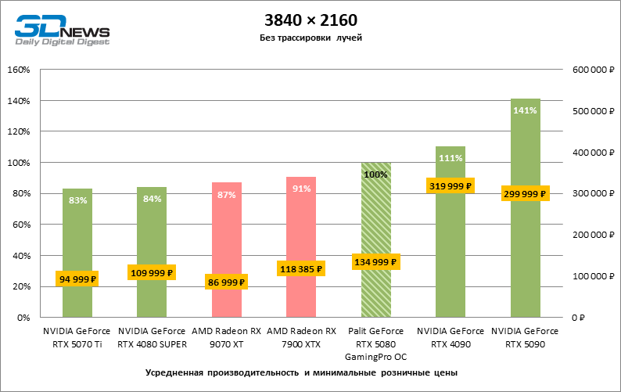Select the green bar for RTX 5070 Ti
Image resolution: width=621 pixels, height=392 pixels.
tap(77, 235)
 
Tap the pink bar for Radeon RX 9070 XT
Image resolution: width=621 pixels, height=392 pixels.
tap(227, 235)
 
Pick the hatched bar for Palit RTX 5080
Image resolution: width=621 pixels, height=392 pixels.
tap(376, 219)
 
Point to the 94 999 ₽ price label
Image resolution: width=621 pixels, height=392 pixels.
tap(77, 279)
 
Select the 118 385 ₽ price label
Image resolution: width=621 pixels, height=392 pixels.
tap(301, 268)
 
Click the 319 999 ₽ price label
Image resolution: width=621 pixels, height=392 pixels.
tap(450, 185)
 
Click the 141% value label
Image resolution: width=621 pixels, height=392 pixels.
tap(525, 110)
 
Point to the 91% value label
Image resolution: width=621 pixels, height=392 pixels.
tap(301, 189)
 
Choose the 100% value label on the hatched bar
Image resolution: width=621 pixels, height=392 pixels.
tap(376, 174)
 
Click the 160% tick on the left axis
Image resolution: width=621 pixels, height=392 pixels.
tap(18, 70)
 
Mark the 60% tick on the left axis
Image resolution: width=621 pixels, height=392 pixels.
tap(20, 225)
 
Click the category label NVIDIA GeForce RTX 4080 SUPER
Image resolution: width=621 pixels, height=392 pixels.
tap(152, 337)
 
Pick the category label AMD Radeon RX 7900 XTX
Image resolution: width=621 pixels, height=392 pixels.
tap(301, 337)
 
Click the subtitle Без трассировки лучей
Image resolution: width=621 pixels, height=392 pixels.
tap(310, 38)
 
